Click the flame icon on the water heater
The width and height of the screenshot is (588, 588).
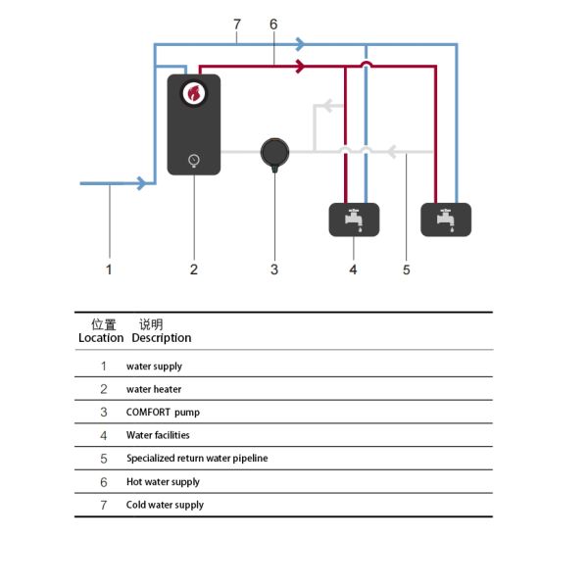click(x=194, y=93)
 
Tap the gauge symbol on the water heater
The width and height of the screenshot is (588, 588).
click(x=194, y=161)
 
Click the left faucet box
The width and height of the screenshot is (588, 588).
click(x=354, y=220)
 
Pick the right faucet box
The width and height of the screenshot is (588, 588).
click(x=446, y=220)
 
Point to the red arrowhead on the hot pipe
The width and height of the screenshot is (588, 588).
click(x=301, y=67)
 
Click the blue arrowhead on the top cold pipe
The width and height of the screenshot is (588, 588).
click(x=301, y=44)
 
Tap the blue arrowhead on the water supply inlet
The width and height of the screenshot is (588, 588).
click(x=141, y=183)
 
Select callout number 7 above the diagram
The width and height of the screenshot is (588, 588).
click(x=237, y=24)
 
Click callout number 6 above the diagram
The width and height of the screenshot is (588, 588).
click(x=273, y=24)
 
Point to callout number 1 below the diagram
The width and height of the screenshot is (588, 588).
click(x=109, y=269)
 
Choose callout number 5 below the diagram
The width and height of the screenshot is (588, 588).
click(x=407, y=269)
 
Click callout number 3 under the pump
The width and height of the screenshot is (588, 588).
click(x=274, y=269)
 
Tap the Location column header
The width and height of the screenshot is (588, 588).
click(x=101, y=338)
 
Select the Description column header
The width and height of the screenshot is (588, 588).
click(x=162, y=338)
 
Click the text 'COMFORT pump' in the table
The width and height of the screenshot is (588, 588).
click(x=163, y=413)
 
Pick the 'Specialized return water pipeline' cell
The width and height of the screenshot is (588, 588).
click(x=197, y=459)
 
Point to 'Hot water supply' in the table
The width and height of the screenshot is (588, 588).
click(x=163, y=482)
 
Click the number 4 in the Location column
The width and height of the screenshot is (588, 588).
click(x=104, y=435)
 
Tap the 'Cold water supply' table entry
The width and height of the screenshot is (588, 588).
click(x=165, y=505)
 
